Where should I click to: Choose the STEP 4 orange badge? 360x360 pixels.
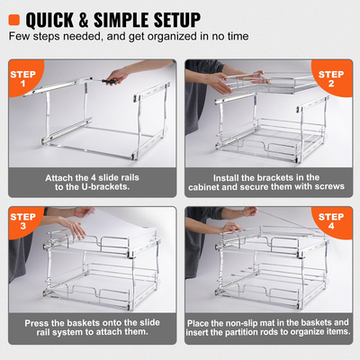pyautogui.click(x=333, y=221)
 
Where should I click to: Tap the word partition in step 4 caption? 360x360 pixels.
pyautogui.click(x=256, y=333)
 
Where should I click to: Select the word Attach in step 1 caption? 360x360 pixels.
pyautogui.click(x=61, y=176)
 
